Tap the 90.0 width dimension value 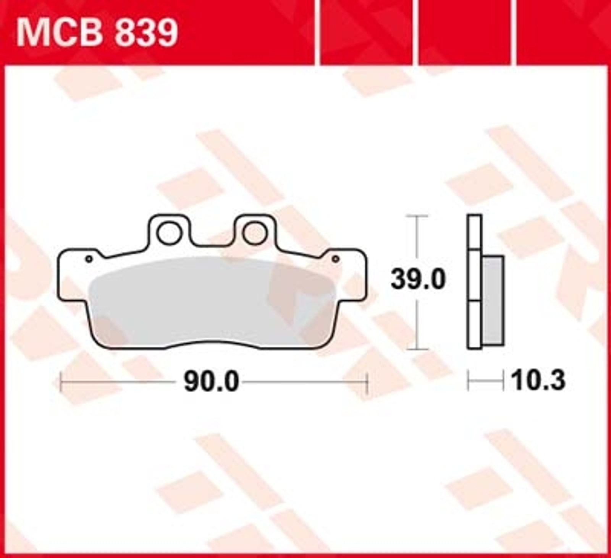point(211,381)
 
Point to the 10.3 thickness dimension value point(538,381)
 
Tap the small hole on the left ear point(89,259)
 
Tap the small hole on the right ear point(336,259)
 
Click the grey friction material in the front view point(212,302)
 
